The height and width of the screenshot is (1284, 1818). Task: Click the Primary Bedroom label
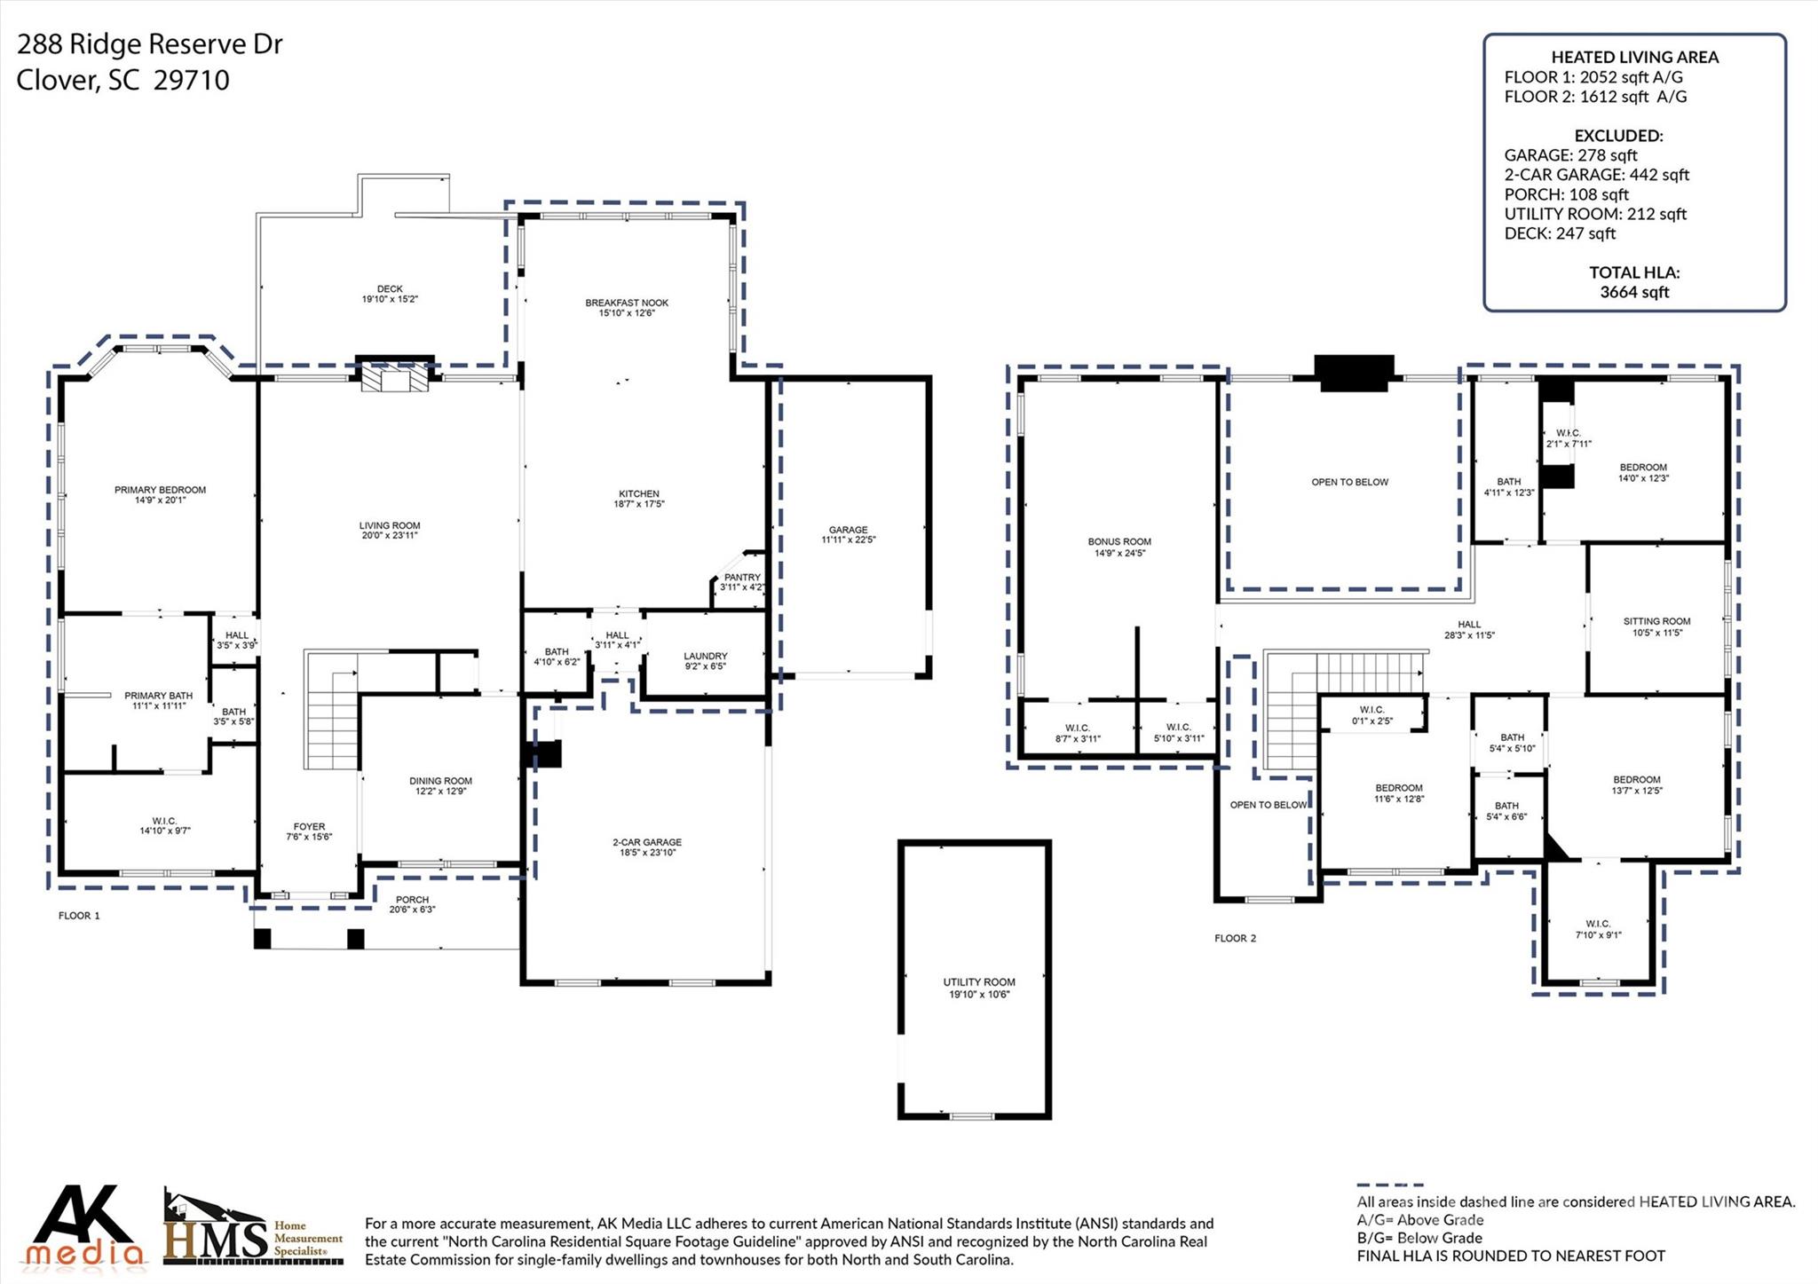[160, 490]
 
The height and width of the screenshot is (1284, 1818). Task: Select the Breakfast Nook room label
[627, 303]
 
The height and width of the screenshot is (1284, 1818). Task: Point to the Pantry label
[742, 577]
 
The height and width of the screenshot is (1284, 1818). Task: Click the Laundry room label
[706, 656]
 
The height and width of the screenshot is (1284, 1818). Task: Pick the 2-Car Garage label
[646, 842]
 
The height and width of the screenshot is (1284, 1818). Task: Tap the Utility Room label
[979, 982]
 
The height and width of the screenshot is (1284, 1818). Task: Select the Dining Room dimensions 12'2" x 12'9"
[440, 792]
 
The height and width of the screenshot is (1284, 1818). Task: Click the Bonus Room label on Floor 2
[1119, 541]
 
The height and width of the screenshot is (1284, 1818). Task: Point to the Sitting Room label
[1656, 621]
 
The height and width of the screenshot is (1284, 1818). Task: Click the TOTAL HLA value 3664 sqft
[1634, 292]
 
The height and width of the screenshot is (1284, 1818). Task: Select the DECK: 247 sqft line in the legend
[1560, 233]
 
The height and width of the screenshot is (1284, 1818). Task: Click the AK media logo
[85, 1225]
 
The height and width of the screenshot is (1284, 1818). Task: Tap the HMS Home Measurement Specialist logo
[253, 1229]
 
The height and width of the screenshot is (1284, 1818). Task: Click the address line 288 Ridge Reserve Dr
[149, 43]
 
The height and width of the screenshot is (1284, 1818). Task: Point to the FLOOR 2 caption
[1235, 938]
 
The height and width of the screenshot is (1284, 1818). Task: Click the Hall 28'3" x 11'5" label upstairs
[1469, 629]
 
